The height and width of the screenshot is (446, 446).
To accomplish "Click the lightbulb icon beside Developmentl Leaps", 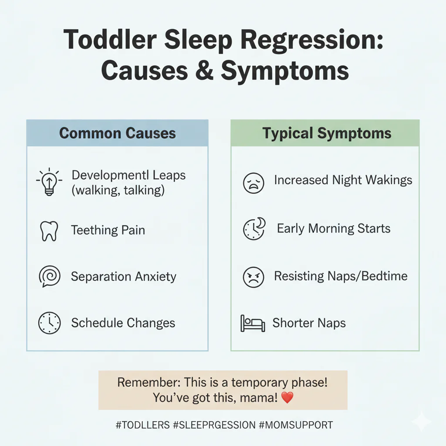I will click(48, 181).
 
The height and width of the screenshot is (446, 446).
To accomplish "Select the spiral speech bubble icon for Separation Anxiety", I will click(48, 277).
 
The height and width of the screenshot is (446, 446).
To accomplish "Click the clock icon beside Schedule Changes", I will click(49, 323).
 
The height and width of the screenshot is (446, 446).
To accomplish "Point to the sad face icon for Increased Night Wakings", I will click(253, 182).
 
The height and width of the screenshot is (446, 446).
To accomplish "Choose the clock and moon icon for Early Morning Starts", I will click(253, 229).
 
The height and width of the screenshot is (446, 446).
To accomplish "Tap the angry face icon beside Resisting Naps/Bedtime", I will click(253, 277).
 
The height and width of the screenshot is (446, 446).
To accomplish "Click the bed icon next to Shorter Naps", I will click(253, 324).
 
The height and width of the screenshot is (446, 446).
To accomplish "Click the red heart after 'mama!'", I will click(287, 397).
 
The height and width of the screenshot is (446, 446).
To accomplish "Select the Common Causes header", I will click(117, 133).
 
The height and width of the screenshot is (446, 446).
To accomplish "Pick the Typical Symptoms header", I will click(327, 133).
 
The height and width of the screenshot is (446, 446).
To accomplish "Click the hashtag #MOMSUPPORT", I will click(296, 425).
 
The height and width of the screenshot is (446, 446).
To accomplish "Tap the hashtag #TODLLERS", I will click(142, 425).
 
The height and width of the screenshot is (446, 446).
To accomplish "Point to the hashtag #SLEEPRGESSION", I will click(214, 425).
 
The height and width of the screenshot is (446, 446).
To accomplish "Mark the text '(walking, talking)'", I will click(118, 190).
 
